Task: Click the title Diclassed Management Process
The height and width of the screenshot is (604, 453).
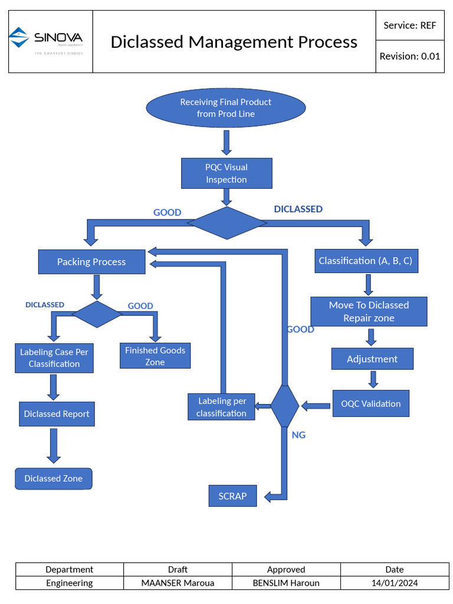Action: (x=234, y=42)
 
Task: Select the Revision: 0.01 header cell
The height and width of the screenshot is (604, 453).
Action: (x=409, y=57)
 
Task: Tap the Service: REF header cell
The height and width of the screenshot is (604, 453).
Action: (x=409, y=25)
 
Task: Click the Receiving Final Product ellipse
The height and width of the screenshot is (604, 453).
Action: (x=226, y=108)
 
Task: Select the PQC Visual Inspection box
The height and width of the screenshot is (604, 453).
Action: (x=226, y=173)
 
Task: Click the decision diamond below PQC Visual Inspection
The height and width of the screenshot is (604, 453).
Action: (x=226, y=223)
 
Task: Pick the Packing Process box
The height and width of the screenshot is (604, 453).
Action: (x=91, y=262)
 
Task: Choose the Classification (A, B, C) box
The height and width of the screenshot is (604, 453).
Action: (x=366, y=261)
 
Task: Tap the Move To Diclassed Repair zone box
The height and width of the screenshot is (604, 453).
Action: (x=369, y=311)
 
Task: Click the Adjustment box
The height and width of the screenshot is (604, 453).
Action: (x=372, y=359)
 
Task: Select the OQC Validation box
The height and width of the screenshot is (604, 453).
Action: (x=370, y=403)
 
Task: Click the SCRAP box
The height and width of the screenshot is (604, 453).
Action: (x=232, y=496)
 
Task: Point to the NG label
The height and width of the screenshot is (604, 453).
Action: (x=298, y=435)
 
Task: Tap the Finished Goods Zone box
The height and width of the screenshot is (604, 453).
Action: (x=155, y=356)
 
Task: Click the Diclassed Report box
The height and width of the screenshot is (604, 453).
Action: (x=57, y=414)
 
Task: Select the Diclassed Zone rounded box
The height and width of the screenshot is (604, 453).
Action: (x=53, y=478)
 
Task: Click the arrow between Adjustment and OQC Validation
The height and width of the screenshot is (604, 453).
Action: (x=373, y=379)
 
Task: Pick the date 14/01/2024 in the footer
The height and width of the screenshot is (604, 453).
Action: (x=394, y=583)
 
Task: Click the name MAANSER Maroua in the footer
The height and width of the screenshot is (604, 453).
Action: (x=178, y=583)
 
